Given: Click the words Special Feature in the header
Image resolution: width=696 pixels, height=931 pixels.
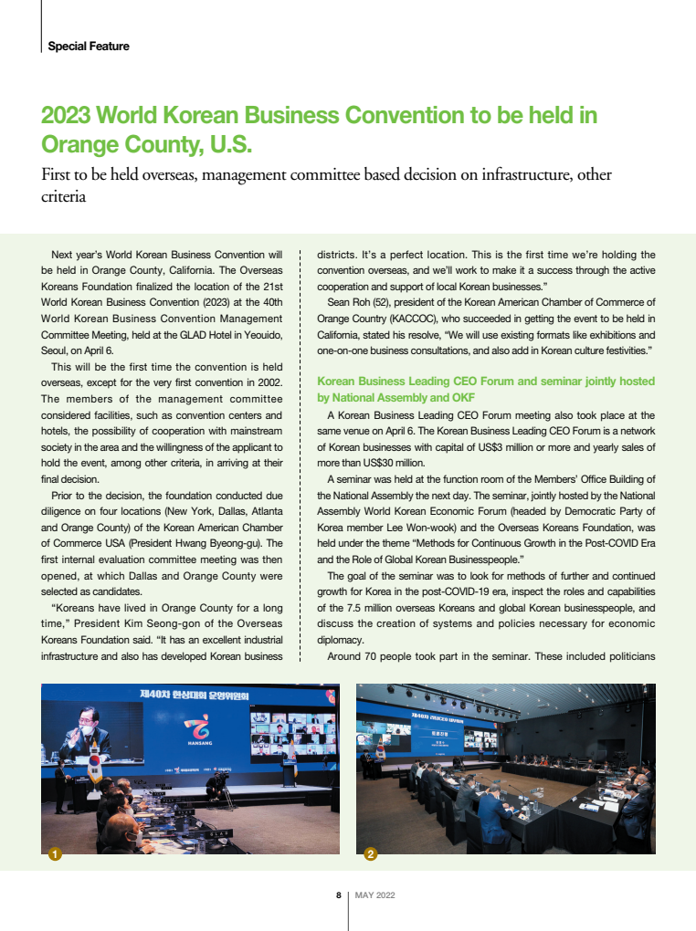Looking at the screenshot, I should (89, 47).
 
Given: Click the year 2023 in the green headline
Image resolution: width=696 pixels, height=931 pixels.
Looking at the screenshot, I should (66, 116).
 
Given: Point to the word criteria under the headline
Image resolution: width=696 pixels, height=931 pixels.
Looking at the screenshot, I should (64, 195).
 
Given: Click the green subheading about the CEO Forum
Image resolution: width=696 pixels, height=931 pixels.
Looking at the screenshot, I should (485, 389).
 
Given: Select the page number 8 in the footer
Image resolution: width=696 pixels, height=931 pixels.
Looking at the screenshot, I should (338, 895).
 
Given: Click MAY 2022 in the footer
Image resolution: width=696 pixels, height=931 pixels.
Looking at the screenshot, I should (374, 895).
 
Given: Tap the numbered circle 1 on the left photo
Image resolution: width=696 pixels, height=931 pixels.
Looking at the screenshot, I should (54, 854).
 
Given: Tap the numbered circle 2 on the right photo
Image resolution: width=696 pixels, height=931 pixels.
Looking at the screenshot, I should (370, 854).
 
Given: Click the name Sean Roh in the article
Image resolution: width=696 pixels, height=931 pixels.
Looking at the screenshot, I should (347, 303).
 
